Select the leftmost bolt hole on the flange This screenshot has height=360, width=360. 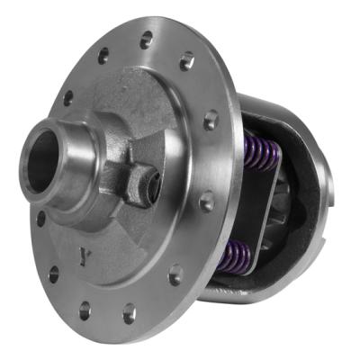(40, 217)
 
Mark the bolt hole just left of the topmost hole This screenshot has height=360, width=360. (105, 57)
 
